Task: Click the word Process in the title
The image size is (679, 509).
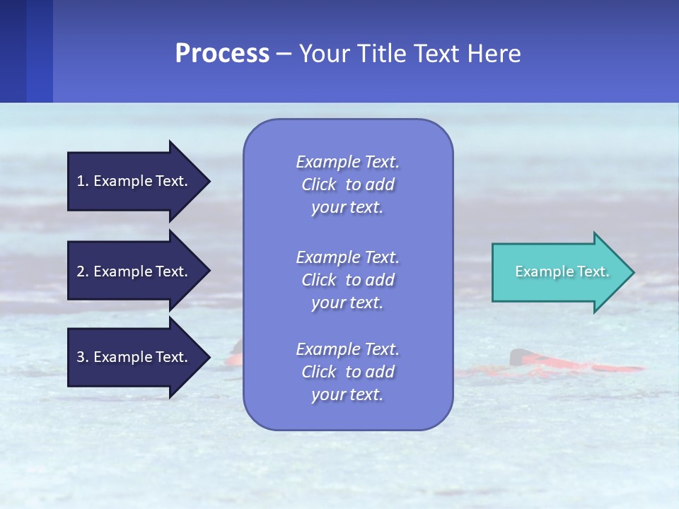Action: pos(222,54)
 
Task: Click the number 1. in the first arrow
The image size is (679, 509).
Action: pos(83,181)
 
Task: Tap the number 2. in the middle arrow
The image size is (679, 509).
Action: pos(83,271)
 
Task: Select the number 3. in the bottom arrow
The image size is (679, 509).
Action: pos(83,357)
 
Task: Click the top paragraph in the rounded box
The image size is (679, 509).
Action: pos(347,185)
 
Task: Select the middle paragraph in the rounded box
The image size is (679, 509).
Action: pos(347,280)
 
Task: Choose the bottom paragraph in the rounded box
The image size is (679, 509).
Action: pos(347,372)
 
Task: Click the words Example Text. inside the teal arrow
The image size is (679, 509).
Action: pos(562,271)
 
